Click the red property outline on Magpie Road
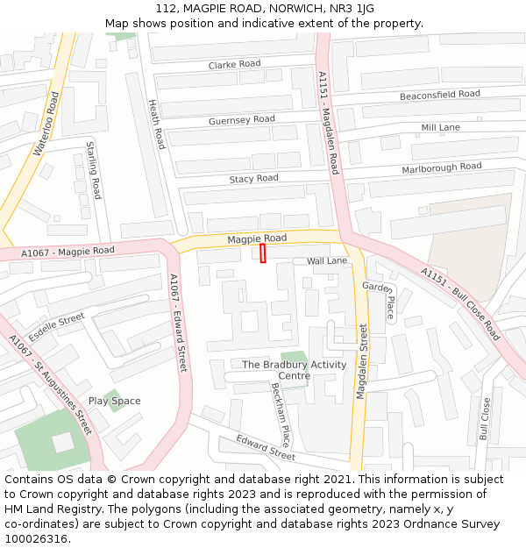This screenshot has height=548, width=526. click(262, 253)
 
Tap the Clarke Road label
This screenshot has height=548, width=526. click(234, 65)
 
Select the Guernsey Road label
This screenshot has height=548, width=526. click(241, 120)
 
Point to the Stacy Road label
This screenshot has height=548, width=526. click(253, 179)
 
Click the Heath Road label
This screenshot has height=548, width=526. click(156, 124)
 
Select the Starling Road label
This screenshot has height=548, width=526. click(93, 169)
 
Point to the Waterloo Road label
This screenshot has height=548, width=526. click(46, 130)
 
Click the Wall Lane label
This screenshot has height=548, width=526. click(326, 261)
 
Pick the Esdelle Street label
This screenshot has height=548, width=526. click(56, 328)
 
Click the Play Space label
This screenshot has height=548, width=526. click(114, 402)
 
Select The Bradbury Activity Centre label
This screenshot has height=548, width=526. click(294, 370)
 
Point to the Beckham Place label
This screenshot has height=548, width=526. click(280, 414)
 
